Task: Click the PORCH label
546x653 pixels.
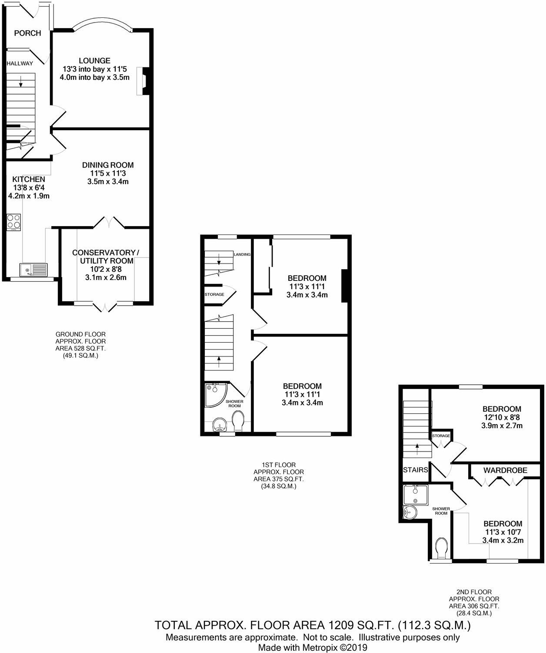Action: click(x=27, y=33)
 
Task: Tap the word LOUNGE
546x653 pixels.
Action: click(x=94, y=61)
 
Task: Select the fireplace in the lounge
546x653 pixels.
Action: click(x=143, y=81)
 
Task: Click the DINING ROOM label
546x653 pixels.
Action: click(x=108, y=165)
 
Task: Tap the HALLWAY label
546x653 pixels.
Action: click(x=20, y=63)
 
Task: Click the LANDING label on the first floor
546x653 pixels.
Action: click(x=242, y=254)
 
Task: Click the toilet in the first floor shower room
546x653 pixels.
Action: click(x=238, y=421)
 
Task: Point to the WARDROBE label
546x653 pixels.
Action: click(x=505, y=470)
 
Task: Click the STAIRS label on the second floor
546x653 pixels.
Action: click(x=416, y=470)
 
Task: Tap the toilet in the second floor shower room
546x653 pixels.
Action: click(x=441, y=548)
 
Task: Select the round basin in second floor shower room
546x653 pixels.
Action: click(x=409, y=512)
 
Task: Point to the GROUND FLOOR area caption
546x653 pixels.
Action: click(x=80, y=345)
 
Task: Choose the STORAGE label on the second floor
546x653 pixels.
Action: click(x=441, y=435)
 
